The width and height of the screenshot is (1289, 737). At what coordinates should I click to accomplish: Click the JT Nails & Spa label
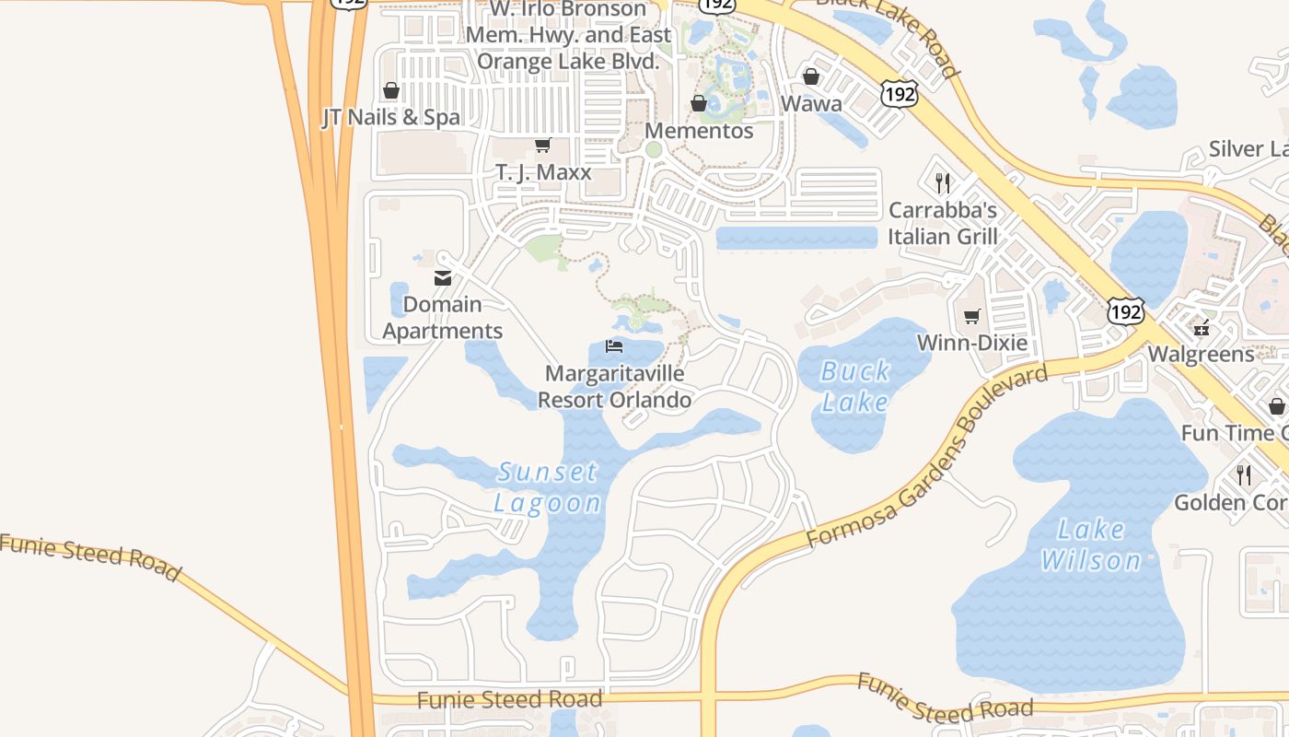[x=390, y=118]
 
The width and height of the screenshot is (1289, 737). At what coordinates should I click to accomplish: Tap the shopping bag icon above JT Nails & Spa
[x=391, y=90]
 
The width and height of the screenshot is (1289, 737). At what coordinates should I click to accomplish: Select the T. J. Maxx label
[x=543, y=172]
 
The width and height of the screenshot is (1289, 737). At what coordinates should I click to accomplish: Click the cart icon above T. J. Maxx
[x=543, y=146]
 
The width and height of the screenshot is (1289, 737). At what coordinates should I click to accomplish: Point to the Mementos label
[x=699, y=131]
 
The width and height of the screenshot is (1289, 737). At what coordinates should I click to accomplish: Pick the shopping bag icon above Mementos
[x=699, y=103]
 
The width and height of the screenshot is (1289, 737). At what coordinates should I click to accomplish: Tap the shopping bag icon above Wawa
[x=811, y=76]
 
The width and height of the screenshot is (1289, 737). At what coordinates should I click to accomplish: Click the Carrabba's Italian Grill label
[x=943, y=224]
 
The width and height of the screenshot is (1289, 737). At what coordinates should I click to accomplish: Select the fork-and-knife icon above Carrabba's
[x=942, y=183]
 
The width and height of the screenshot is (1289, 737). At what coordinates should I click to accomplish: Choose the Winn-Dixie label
[x=972, y=344]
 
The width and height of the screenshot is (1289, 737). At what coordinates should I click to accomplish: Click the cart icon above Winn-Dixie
[x=971, y=317]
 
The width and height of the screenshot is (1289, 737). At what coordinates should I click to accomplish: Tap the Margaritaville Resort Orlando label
[x=614, y=387]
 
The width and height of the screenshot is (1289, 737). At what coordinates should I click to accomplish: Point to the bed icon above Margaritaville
[x=614, y=346]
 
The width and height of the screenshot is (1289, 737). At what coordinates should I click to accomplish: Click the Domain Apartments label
[x=443, y=318]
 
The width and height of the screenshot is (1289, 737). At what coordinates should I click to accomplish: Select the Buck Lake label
[x=855, y=387]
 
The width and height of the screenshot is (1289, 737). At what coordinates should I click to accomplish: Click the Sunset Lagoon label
[x=548, y=487]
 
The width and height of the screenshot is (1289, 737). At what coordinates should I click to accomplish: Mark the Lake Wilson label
[x=1091, y=544]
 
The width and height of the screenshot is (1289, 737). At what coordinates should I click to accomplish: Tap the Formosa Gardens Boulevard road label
[x=928, y=455]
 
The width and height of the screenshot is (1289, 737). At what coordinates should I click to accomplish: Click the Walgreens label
[x=1201, y=354]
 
